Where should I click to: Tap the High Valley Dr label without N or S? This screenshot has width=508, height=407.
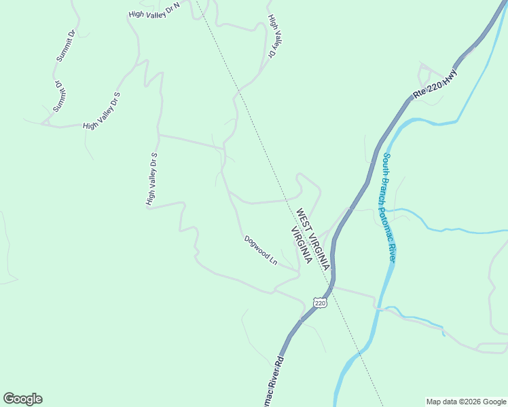pos(274,36)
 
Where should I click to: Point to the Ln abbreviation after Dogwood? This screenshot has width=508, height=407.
pos(273,260)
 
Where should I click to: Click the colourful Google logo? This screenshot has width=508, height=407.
pos(22,399)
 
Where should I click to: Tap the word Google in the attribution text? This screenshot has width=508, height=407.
pos(494,402)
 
